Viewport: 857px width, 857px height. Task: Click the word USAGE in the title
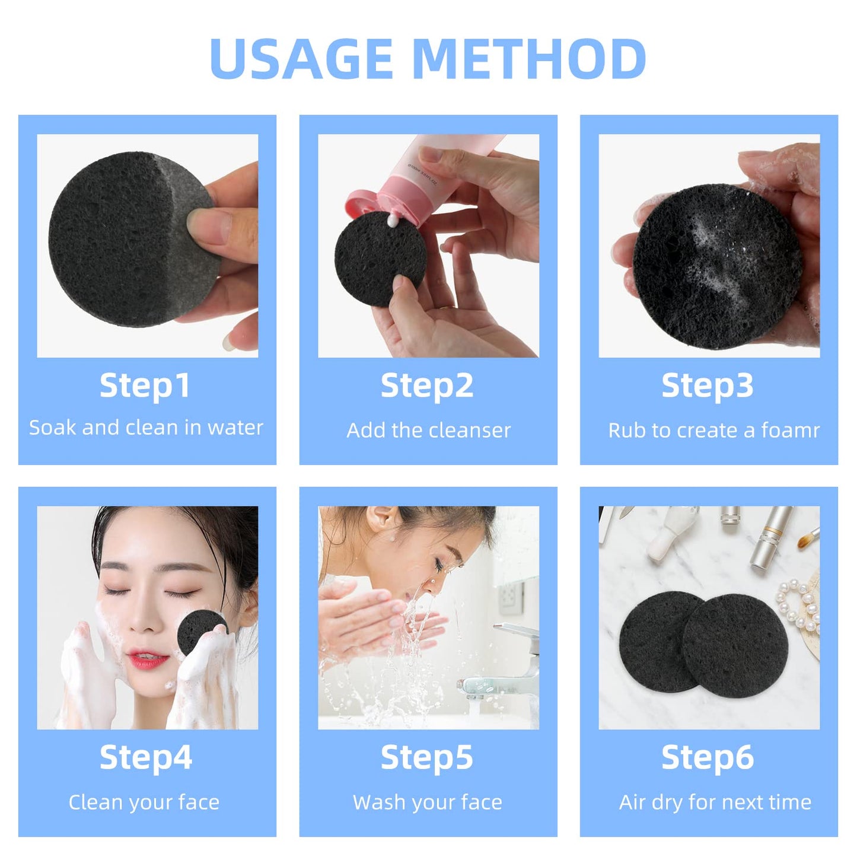(x=301, y=59)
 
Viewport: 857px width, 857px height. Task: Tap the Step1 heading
(x=145, y=386)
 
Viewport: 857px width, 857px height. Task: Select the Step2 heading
(x=427, y=386)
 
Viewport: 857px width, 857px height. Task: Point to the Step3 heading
(x=708, y=386)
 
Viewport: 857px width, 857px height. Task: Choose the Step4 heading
(x=146, y=757)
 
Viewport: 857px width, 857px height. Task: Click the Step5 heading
(x=427, y=757)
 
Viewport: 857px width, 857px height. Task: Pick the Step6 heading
(x=708, y=757)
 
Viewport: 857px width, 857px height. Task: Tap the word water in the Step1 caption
(x=235, y=428)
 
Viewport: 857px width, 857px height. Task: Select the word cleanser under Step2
(x=476, y=430)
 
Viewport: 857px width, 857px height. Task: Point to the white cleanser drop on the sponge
(x=393, y=221)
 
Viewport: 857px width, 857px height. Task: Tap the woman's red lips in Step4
(x=146, y=658)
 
